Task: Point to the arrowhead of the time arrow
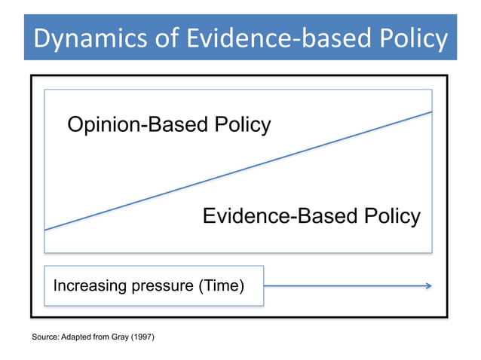428,285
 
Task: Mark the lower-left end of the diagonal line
45,230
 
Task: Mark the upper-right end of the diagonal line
431,111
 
